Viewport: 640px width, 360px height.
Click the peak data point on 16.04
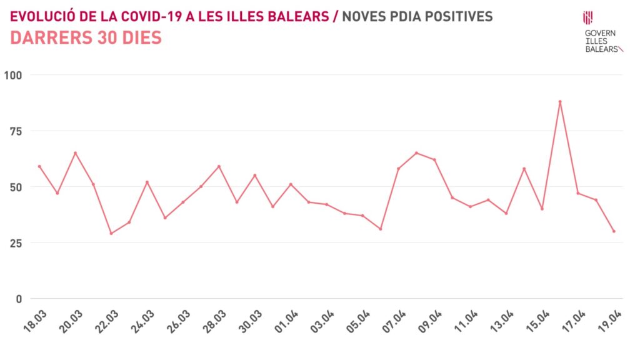(x=560, y=101)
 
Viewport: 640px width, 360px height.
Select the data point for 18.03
(x=39, y=166)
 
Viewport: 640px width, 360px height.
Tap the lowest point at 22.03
(x=111, y=233)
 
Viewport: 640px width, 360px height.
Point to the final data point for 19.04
(x=614, y=231)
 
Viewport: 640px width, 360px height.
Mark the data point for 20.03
(x=75, y=153)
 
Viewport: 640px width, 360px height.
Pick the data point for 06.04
(x=380, y=229)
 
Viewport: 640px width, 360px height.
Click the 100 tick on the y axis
(x=12, y=75)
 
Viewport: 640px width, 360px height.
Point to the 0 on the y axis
(x=18, y=298)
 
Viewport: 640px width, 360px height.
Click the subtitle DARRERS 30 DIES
(x=86, y=38)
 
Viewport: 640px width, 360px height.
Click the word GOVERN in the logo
(x=600, y=33)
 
